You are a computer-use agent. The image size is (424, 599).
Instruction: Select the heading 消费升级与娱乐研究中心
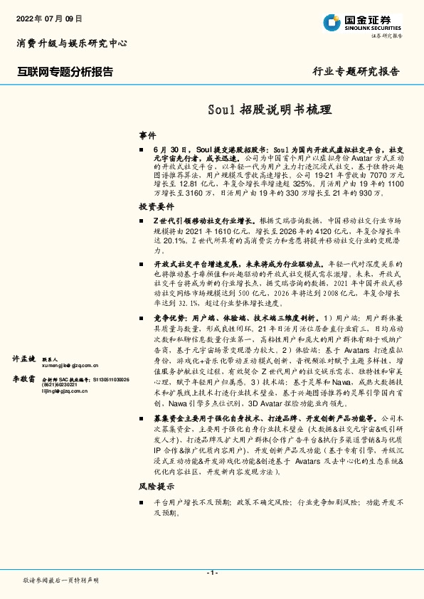(71, 43)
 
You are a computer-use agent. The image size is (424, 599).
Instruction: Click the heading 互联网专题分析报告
(65, 71)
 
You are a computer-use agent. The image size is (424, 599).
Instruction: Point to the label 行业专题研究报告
(356, 71)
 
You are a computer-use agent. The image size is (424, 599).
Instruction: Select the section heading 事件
(147, 134)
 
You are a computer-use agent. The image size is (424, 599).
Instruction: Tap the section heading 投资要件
(157, 206)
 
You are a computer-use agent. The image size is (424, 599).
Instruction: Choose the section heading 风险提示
(157, 487)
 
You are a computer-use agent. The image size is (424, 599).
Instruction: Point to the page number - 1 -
(211, 573)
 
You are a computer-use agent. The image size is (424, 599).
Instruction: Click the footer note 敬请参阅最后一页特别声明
(61, 581)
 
